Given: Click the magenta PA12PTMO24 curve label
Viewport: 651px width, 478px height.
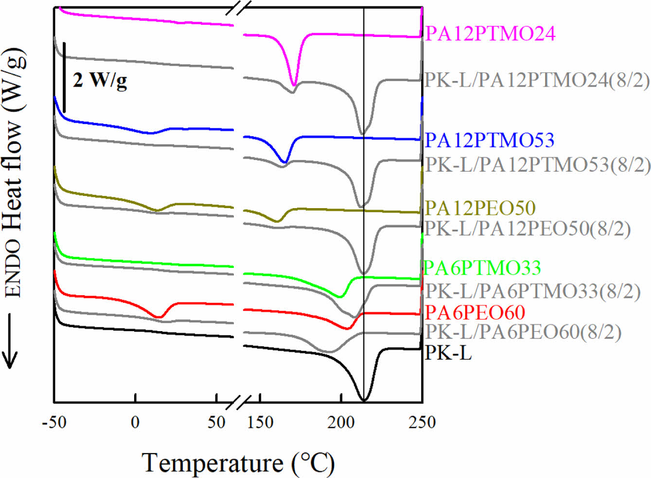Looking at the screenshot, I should [x=490, y=34].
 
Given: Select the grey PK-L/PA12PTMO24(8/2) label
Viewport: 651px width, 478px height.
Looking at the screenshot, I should [x=537, y=80].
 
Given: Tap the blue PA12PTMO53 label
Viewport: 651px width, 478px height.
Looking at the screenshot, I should [x=490, y=140].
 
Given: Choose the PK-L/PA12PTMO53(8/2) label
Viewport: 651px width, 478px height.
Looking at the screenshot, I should [x=538, y=165].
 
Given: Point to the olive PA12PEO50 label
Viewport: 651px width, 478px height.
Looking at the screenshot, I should [x=480, y=208].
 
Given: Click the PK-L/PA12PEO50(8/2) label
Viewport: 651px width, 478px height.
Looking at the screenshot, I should [x=528, y=228].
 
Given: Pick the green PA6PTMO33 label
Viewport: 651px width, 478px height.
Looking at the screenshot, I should [x=482, y=267].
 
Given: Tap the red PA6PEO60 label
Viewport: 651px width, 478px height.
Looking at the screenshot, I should [x=475, y=312].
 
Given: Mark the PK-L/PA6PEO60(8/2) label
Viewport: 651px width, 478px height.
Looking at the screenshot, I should [x=523, y=332].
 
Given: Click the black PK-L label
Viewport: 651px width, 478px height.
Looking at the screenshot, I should [x=448, y=353].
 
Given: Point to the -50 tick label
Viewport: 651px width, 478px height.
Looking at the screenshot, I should [x=54, y=422].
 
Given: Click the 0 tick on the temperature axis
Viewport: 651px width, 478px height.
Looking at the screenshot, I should [x=135, y=422].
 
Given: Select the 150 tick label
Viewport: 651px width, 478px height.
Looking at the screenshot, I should [x=260, y=422].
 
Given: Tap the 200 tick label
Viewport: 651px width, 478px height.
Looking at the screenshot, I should [x=341, y=422].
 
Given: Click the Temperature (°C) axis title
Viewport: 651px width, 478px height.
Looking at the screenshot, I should [x=238, y=462].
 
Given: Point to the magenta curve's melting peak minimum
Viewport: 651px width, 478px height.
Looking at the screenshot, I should [x=293, y=85].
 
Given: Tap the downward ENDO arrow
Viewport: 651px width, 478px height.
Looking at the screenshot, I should [x=10, y=340].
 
